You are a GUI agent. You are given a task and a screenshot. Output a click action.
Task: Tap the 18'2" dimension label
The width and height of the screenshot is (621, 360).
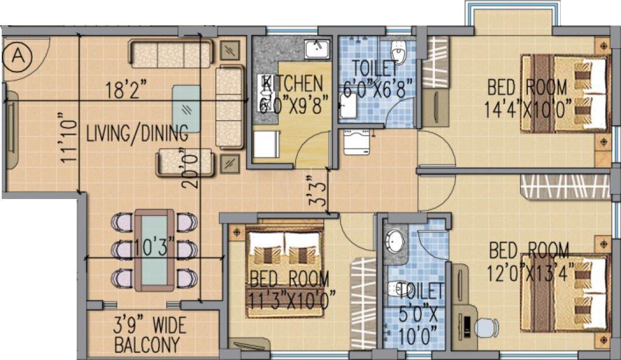[x=125, y=91]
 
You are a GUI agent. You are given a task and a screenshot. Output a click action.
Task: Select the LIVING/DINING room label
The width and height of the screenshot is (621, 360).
[x=137, y=133]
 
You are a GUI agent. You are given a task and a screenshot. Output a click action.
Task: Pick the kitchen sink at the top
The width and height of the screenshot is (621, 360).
[x=317, y=48]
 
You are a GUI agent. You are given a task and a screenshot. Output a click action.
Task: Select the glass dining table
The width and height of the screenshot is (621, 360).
[x=154, y=249]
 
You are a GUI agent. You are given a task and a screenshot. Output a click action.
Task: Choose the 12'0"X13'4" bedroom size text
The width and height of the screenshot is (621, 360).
[x=529, y=270]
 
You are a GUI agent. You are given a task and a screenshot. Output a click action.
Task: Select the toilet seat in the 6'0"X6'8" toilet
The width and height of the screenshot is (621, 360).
[x=399, y=53]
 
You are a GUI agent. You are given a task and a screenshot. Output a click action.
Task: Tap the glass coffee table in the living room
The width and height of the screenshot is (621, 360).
[x=187, y=108]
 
